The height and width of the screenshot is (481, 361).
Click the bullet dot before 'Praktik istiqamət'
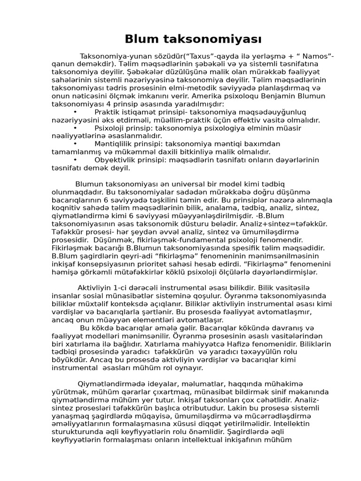click(x=75, y=112)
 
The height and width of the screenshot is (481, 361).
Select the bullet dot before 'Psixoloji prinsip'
click(x=75, y=128)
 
